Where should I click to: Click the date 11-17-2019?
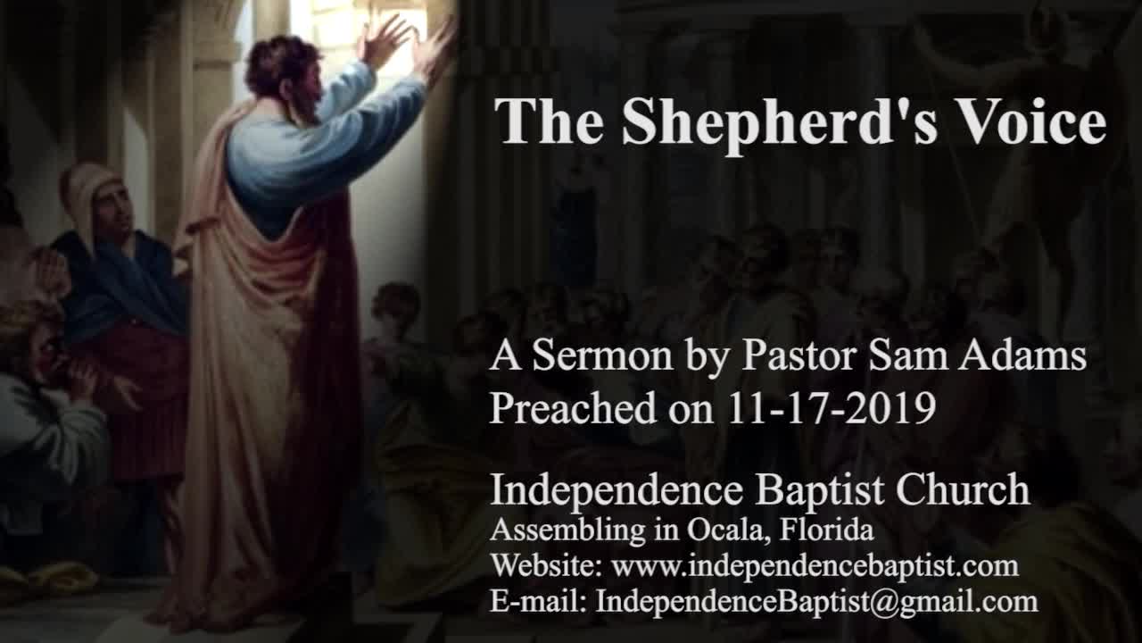(832, 409)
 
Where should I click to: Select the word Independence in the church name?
(616, 490)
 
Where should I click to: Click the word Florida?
(827, 530)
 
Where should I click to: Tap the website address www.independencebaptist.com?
(815, 566)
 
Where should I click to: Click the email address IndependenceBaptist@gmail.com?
(816, 602)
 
